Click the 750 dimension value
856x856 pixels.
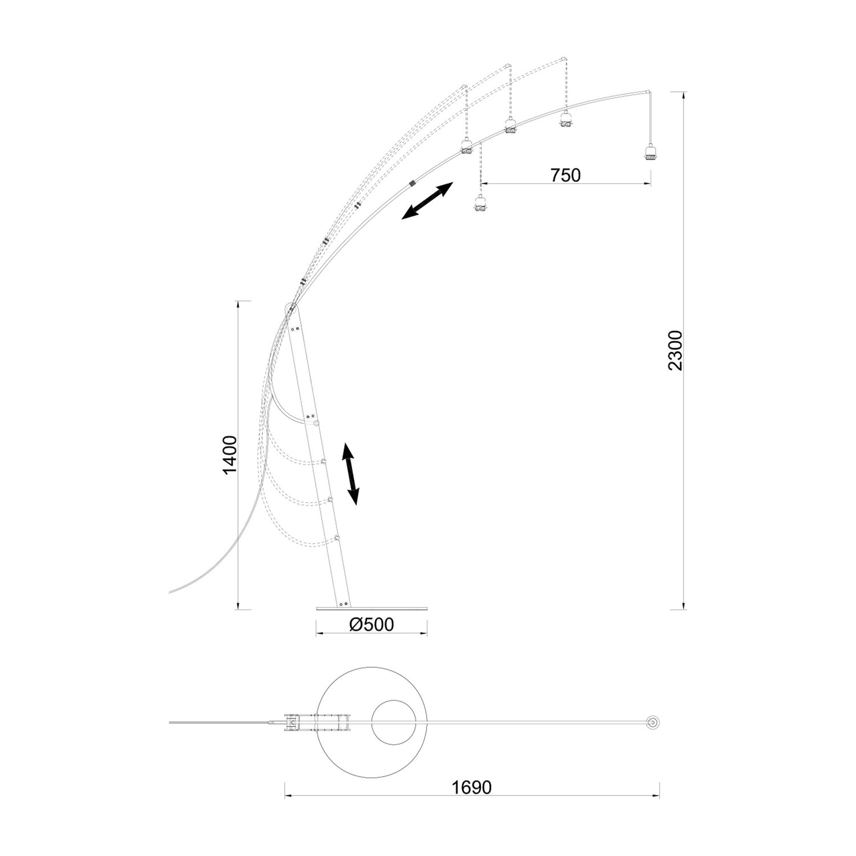(566, 175)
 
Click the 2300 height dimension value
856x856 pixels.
(676, 350)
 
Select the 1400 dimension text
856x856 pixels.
(229, 455)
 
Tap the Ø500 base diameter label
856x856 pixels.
(372, 624)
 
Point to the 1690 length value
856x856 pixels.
(472, 788)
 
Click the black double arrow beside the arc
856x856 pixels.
(427, 200)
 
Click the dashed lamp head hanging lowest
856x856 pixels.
(481, 203)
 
